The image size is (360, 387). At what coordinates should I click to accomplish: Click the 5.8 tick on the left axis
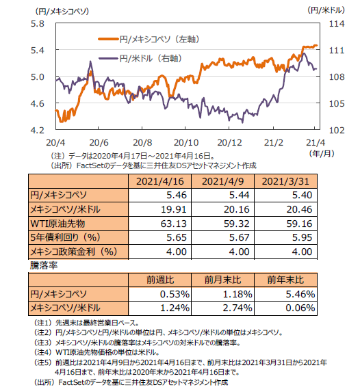click(38, 24)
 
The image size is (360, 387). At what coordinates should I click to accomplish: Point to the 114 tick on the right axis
click(337, 24)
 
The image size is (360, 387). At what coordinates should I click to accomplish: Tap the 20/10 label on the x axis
click(186, 143)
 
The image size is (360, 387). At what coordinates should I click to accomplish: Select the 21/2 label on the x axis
click(274, 143)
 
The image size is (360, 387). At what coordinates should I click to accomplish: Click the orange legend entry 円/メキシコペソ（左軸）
click(149, 39)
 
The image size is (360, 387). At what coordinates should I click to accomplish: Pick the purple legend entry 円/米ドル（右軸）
click(140, 59)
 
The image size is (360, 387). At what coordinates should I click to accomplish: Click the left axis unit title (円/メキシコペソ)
click(62, 12)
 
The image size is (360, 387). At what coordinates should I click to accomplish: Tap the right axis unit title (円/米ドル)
click(326, 10)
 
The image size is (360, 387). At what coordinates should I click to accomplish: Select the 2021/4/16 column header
click(160, 181)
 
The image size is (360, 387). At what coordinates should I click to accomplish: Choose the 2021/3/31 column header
click(285, 181)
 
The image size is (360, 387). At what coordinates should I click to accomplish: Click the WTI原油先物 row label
click(57, 224)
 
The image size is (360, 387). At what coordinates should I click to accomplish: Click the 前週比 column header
click(160, 280)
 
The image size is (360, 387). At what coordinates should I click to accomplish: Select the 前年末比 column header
click(285, 280)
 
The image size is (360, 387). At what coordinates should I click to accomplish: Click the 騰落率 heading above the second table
click(44, 265)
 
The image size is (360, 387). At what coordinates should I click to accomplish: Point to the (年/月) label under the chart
click(322, 154)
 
